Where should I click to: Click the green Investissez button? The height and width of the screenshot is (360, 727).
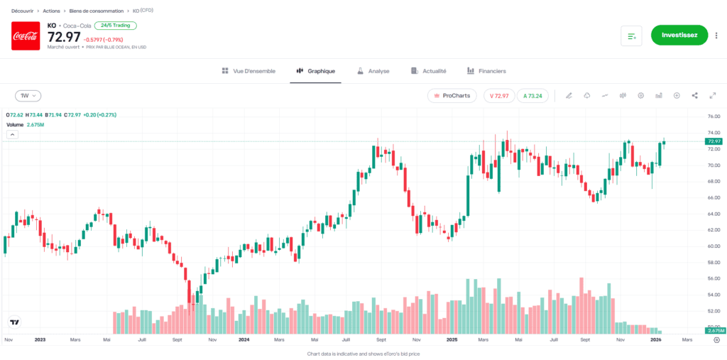pyautogui.click(x=679, y=35)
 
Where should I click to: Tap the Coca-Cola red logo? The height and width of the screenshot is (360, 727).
pyautogui.click(x=26, y=36)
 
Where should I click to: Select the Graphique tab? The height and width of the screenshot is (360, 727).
pyautogui.click(x=316, y=71)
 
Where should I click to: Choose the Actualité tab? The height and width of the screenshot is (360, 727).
pyautogui.click(x=429, y=71)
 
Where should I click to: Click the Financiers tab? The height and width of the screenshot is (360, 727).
pyautogui.click(x=486, y=71)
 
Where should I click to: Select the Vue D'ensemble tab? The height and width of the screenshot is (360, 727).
pyautogui.click(x=244, y=71)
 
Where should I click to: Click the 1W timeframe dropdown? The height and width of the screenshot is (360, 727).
pyautogui.click(x=28, y=96)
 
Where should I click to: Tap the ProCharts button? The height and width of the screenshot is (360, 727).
pyautogui.click(x=452, y=96)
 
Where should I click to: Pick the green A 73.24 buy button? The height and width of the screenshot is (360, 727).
pyautogui.click(x=532, y=96)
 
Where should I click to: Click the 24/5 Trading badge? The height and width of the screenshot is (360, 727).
pyautogui.click(x=115, y=26)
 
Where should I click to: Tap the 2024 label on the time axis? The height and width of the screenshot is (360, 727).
pyautogui.click(x=244, y=340)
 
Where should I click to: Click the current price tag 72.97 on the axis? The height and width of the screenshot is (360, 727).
pyautogui.click(x=714, y=141)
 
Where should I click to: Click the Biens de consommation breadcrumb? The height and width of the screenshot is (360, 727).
pyautogui.click(x=95, y=11)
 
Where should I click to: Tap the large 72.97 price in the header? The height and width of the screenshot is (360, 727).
pyautogui.click(x=64, y=38)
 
